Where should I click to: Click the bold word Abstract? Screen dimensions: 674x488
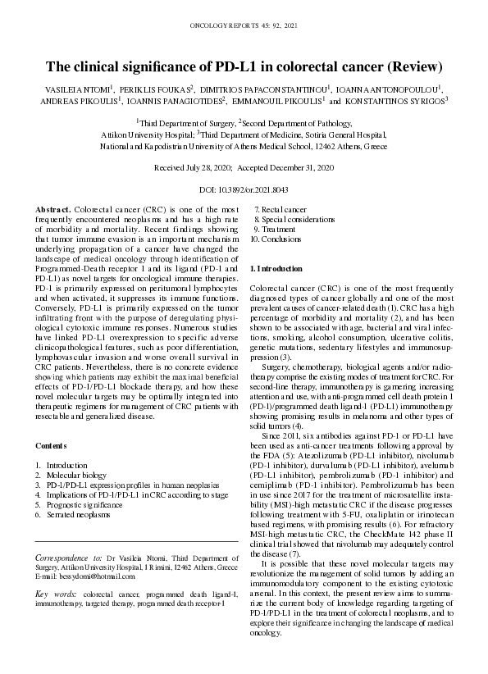(x=53, y=212)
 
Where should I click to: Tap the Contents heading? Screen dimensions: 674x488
(x=51, y=445)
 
